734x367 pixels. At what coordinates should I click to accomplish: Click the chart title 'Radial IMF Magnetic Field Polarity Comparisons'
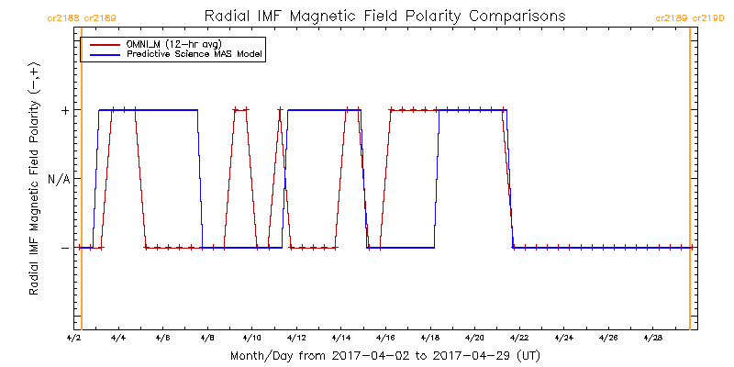(384, 17)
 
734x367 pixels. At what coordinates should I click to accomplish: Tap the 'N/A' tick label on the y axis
(59, 179)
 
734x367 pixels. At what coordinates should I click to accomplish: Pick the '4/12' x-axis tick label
(296, 339)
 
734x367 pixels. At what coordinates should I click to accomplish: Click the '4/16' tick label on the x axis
(385, 339)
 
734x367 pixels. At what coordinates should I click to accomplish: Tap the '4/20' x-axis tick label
(474, 339)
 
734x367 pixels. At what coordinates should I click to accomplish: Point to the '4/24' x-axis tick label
(563, 339)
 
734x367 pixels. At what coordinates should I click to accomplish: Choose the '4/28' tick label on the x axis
(652, 339)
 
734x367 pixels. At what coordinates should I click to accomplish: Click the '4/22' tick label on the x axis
(519, 339)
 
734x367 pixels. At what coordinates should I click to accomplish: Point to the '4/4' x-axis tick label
(118, 339)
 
